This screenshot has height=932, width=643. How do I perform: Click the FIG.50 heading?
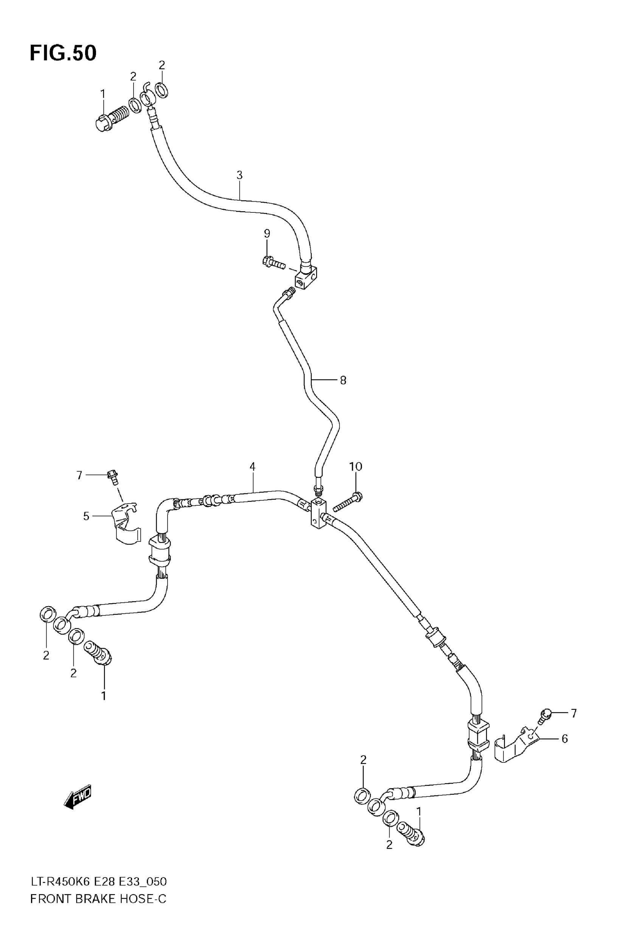tap(63, 53)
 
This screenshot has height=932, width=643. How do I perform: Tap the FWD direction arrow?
tap(78, 797)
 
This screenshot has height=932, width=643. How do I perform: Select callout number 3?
tap(240, 175)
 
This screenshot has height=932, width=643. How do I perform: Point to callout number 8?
tap(343, 380)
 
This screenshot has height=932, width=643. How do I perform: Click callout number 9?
tap(267, 234)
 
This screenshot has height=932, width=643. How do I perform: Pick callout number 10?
tap(355, 467)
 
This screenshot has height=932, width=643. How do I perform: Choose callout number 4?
tap(252, 467)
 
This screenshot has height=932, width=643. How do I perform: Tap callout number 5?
tap(86, 516)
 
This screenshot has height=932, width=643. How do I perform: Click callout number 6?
tap(564, 739)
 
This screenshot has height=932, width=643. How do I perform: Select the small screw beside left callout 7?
tap(113, 477)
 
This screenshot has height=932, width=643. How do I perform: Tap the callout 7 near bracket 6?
tap(574, 714)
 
